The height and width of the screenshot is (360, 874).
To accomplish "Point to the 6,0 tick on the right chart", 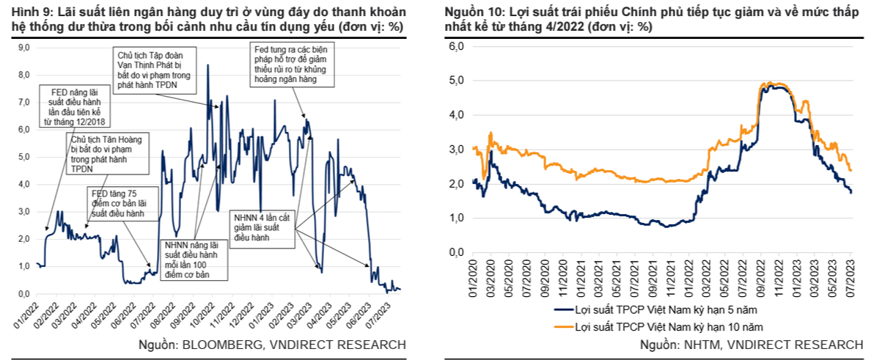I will [x=456, y=46].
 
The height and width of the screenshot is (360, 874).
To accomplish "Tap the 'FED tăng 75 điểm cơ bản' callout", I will [x=114, y=203].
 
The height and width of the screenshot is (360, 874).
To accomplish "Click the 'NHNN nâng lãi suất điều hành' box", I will [x=195, y=259].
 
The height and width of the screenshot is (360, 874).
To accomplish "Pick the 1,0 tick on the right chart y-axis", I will [x=456, y=218].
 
